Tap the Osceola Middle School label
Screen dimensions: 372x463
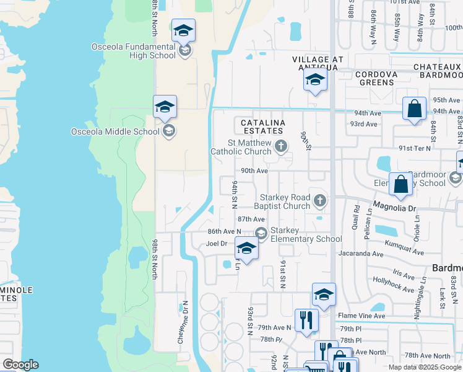point(115,131)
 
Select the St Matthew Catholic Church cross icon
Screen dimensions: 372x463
point(282,147)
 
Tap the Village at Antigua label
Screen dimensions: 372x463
point(318,63)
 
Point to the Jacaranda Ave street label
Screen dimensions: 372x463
point(363,254)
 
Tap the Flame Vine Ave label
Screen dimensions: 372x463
point(361,316)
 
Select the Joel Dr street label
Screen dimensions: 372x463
point(217,244)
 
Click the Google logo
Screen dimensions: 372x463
point(20,365)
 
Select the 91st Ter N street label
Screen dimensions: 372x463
point(414,148)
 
